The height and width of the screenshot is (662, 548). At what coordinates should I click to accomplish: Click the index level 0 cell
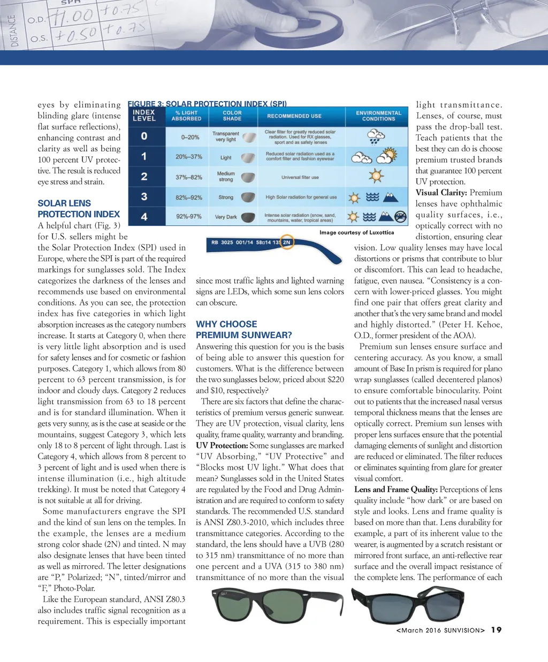[144, 136]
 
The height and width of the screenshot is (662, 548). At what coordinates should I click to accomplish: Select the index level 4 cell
[144, 217]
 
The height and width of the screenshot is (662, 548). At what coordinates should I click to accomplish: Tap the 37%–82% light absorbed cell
[189, 177]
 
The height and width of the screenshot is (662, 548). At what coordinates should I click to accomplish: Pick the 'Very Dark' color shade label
[226, 217]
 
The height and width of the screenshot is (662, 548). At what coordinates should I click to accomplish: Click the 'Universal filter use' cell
[300, 177]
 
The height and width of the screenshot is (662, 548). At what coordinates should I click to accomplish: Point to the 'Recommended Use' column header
[294, 116]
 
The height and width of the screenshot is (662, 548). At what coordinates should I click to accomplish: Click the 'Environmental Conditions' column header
[378, 116]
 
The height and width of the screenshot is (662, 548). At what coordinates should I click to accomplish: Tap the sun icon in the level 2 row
[376, 176]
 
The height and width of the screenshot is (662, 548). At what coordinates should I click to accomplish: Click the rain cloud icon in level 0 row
[376, 137]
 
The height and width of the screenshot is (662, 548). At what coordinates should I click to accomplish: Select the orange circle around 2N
[287, 242]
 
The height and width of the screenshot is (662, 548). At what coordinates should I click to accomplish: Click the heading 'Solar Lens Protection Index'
[79, 209]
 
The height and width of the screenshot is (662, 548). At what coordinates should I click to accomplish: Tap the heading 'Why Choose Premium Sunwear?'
[243, 330]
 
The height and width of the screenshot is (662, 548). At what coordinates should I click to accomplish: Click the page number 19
[497, 630]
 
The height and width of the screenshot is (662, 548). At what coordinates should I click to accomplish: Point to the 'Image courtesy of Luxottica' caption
[356, 232]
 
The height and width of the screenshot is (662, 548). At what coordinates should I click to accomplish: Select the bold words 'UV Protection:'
[222, 445]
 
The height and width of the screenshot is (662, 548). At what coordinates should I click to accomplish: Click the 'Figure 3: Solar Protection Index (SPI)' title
[207, 103]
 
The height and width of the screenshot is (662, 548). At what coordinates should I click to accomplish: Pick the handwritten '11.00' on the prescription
[72, 17]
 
